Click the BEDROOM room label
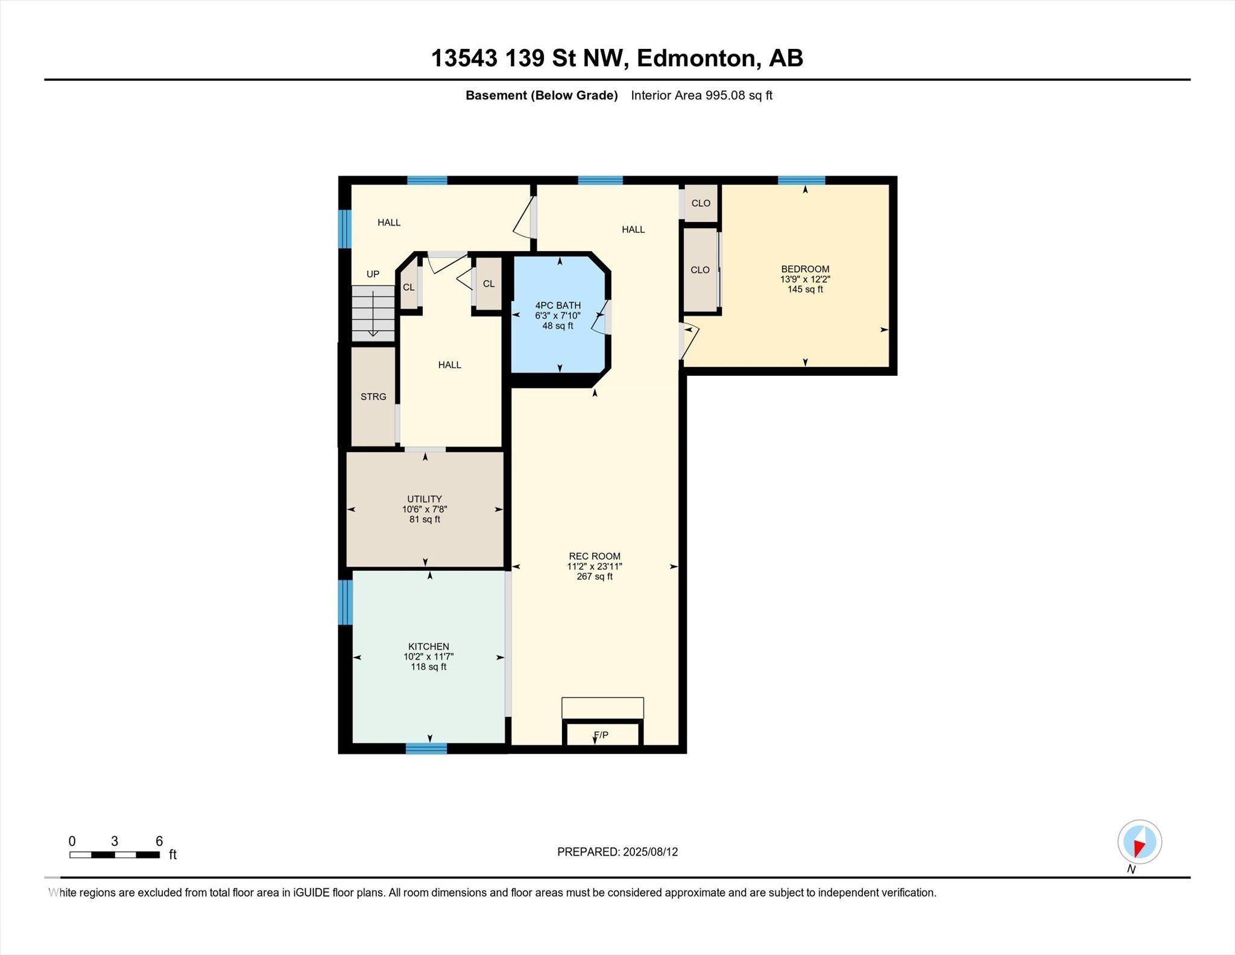pyautogui.click(x=805, y=269)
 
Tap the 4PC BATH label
pyautogui.click(x=558, y=305)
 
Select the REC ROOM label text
pyautogui.click(x=595, y=556)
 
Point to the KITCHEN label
pyautogui.click(x=429, y=647)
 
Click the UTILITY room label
pyautogui.click(x=425, y=499)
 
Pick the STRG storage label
pyautogui.click(x=373, y=396)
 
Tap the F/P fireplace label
pyautogui.click(x=601, y=735)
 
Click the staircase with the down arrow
pyautogui.click(x=373, y=314)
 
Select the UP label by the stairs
pyautogui.click(x=373, y=274)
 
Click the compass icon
pyautogui.click(x=1139, y=842)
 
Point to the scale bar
pyautogui.click(x=115, y=855)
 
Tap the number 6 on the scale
pyautogui.click(x=159, y=842)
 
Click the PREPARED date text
pyautogui.click(x=617, y=852)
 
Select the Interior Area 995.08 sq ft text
pyautogui.click(x=701, y=95)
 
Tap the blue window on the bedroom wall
pyautogui.click(x=801, y=180)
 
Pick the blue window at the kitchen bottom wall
pyautogui.click(x=426, y=749)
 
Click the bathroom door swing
pyautogui.click(x=599, y=319)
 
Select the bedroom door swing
pyautogui.click(x=689, y=341)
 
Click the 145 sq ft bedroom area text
pyautogui.click(x=805, y=290)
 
